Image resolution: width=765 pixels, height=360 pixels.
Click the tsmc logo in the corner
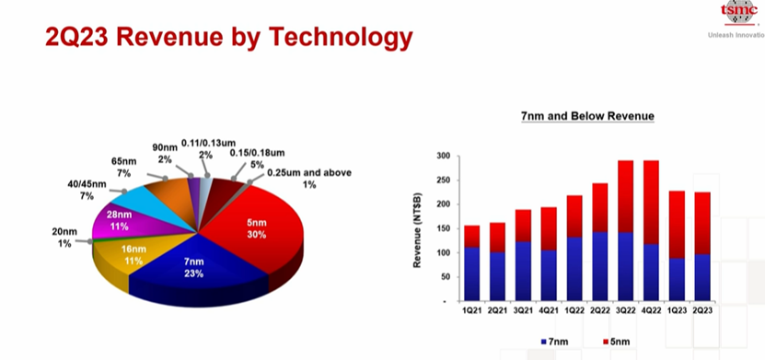click(738, 13)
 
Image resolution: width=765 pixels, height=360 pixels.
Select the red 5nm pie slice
click(254, 229)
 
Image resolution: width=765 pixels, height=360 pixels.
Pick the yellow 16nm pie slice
click(127, 259)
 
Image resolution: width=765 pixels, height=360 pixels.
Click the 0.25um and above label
click(308, 179)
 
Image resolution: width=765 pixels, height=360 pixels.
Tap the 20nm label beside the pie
click(62, 237)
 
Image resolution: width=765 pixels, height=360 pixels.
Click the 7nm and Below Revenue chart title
click(587, 116)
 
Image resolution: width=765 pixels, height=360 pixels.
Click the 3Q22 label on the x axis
click(626, 310)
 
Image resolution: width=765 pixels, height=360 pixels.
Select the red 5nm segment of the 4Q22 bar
click(652, 203)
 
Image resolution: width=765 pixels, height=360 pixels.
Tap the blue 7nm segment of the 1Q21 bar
click(471, 274)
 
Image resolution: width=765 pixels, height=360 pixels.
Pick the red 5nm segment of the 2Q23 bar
click(702, 224)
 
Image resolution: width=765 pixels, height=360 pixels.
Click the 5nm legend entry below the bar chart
click(617, 342)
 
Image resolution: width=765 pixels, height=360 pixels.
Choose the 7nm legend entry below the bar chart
click(554, 342)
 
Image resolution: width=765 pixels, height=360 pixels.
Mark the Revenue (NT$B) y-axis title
click(418, 230)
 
